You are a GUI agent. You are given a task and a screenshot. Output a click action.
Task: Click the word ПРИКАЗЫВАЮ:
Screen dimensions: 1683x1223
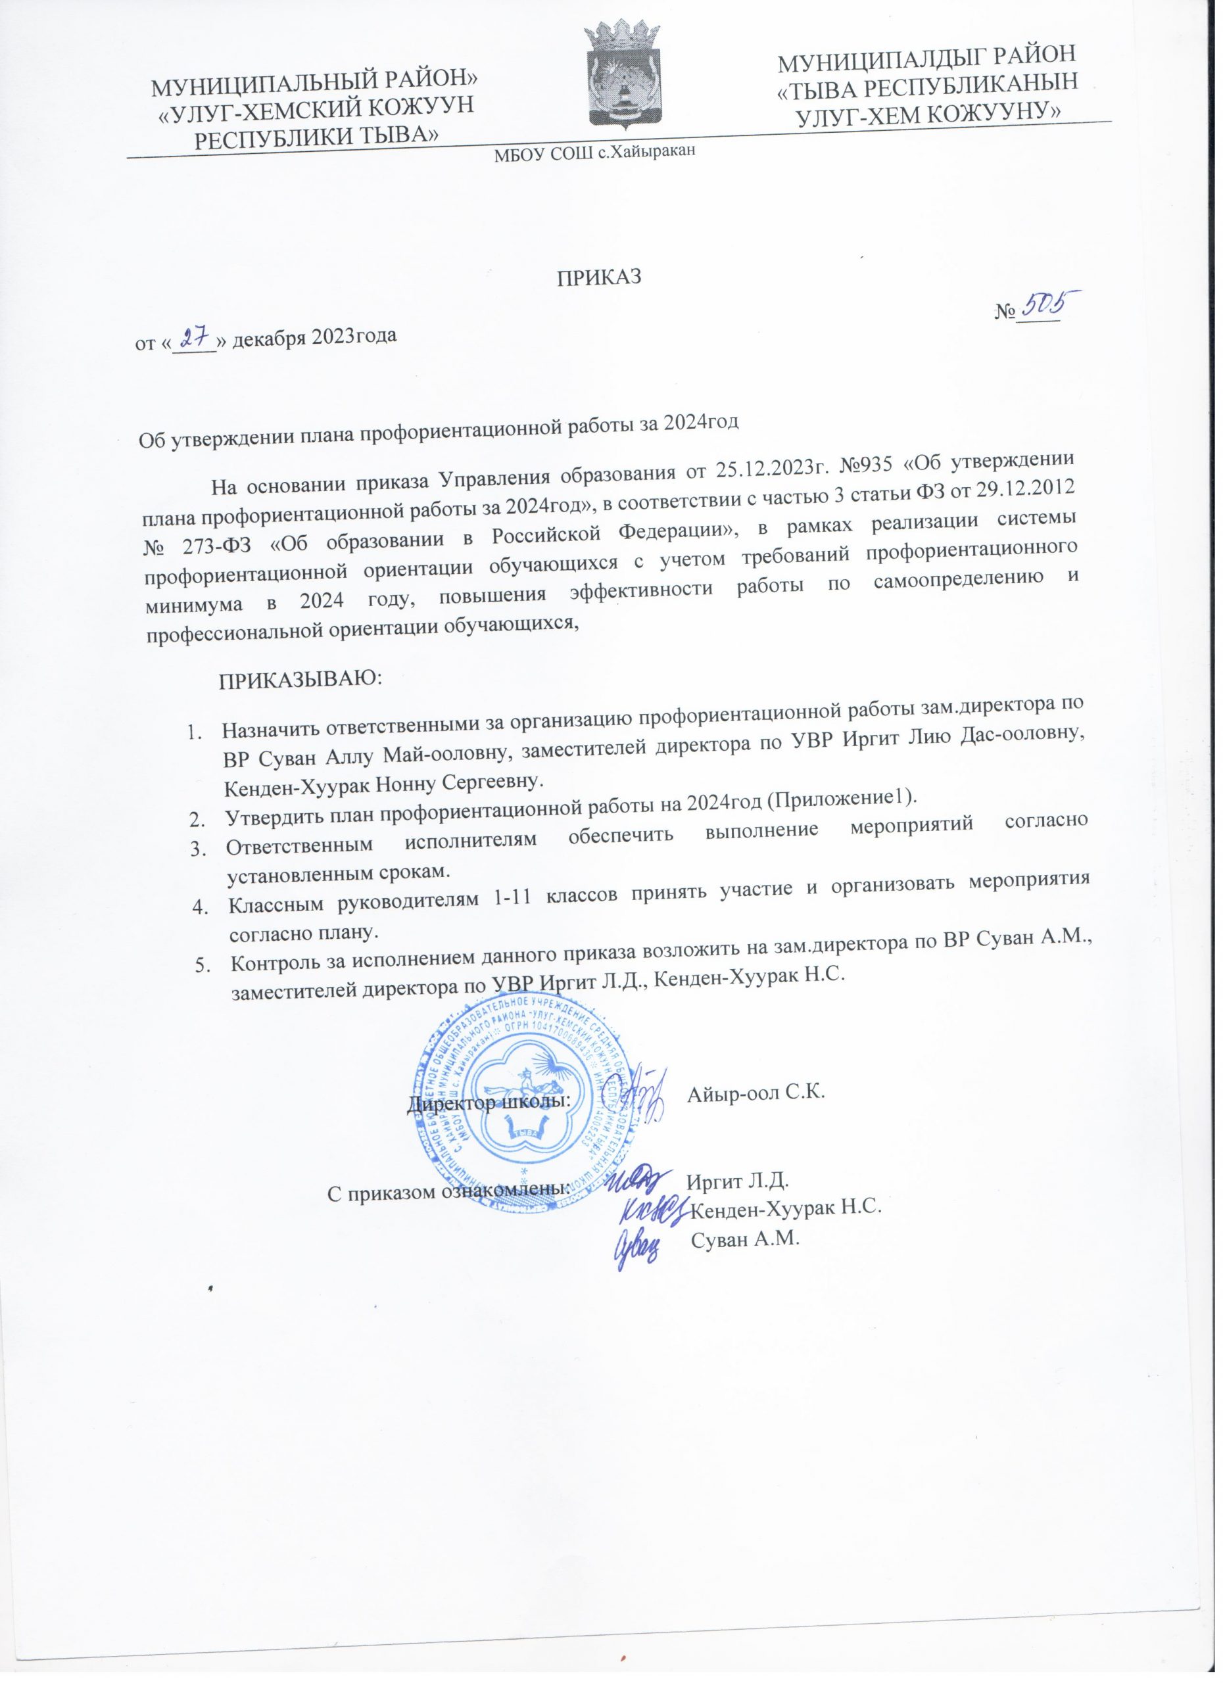pos(299,679)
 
